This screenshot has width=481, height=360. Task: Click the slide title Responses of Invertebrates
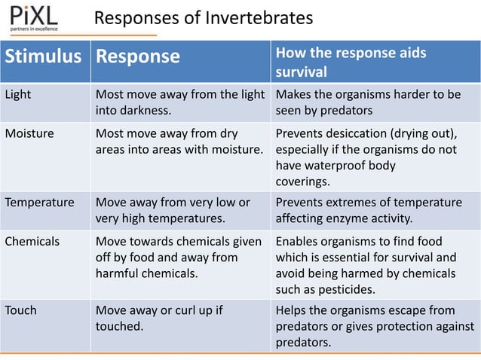coord(203,17)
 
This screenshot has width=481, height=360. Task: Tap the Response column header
coord(138,57)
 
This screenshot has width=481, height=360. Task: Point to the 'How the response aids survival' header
coord(351,63)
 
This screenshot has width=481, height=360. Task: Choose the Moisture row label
coord(29,134)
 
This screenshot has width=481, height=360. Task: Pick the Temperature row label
coord(39,203)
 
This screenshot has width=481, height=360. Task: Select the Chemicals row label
coord(32,242)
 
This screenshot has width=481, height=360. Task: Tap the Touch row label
coord(21,311)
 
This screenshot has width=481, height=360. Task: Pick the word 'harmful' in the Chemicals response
coord(116,273)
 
